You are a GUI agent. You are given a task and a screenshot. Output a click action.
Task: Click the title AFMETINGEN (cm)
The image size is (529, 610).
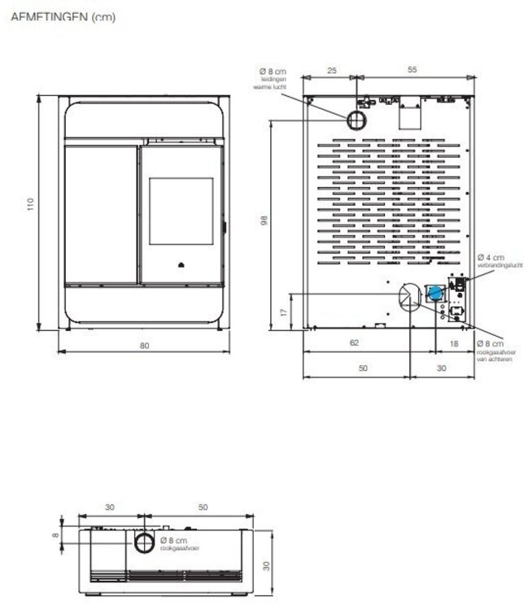(x=63, y=17)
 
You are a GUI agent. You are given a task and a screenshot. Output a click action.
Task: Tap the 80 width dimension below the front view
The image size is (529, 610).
(x=144, y=345)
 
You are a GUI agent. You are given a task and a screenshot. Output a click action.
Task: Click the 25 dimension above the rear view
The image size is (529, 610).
(x=331, y=71)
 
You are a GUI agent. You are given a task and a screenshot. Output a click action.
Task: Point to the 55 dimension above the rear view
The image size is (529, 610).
(x=412, y=71)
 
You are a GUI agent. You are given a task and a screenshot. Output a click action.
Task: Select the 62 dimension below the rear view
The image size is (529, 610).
(x=354, y=343)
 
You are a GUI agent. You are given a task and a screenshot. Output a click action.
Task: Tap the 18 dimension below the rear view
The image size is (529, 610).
(x=454, y=343)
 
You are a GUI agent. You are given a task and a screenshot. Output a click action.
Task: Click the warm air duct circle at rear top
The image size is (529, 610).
(x=356, y=121)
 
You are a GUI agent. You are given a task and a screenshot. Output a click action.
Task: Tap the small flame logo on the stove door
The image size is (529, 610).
(x=181, y=264)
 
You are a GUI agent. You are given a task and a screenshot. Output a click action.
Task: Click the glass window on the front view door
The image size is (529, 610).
(x=181, y=211)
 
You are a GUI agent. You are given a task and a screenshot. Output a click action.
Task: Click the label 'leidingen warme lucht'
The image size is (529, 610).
(x=273, y=81)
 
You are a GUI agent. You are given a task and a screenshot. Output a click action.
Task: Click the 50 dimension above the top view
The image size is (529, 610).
(x=203, y=507)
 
